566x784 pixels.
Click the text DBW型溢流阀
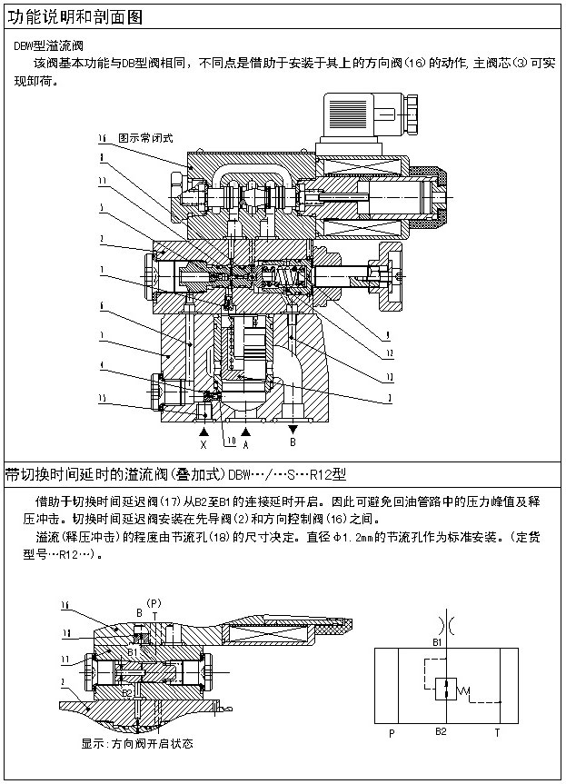(46, 45)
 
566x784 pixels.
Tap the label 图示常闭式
(144, 138)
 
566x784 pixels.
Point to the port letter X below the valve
(204, 445)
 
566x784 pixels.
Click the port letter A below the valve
(245, 445)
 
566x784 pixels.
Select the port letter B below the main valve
(293, 443)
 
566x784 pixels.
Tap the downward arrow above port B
(293, 428)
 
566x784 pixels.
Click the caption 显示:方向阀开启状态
(137, 744)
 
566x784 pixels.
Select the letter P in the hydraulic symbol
(391, 731)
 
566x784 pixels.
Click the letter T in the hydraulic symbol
(496, 731)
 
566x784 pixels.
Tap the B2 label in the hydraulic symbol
(441, 730)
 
